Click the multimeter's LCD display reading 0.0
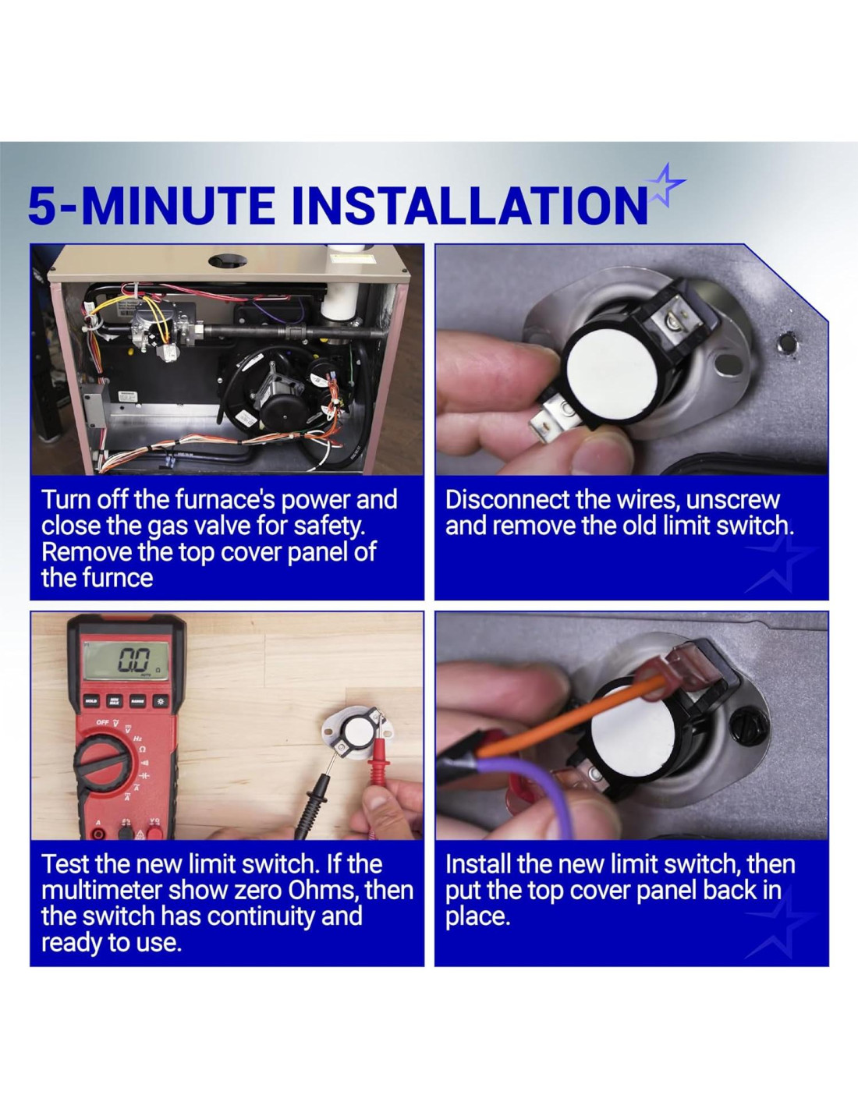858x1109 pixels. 126,660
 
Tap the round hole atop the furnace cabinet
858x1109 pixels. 228,260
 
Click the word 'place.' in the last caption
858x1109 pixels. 477,918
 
